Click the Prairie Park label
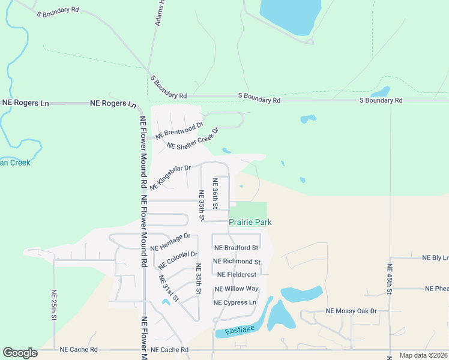pyautogui.click(x=250, y=223)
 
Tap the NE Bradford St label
pyautogui.click(x=237, y=248)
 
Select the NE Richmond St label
pyautogui.click(x=237, y=262)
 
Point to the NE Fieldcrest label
pyautogui.click(x=237, y=275)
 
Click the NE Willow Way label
pyautogui.click(x=237, y=289)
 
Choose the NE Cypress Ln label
pyautogui.click(x=235, y=303)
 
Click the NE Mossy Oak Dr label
pyautogui.click(x=351, y=311)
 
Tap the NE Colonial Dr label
pyautogui.click(x=178, y=260)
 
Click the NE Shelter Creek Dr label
pyautogui.click(x=193, y=139)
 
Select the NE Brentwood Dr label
pyautogui.click(x=179, y=131)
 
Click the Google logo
pyautogui.click(x=20, y=353)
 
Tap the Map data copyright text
pyautogui.click(x=424, y=355)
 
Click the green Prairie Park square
pyautogui.click(x=248, y=210)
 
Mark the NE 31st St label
pyautogui.click(x=169, y=289)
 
